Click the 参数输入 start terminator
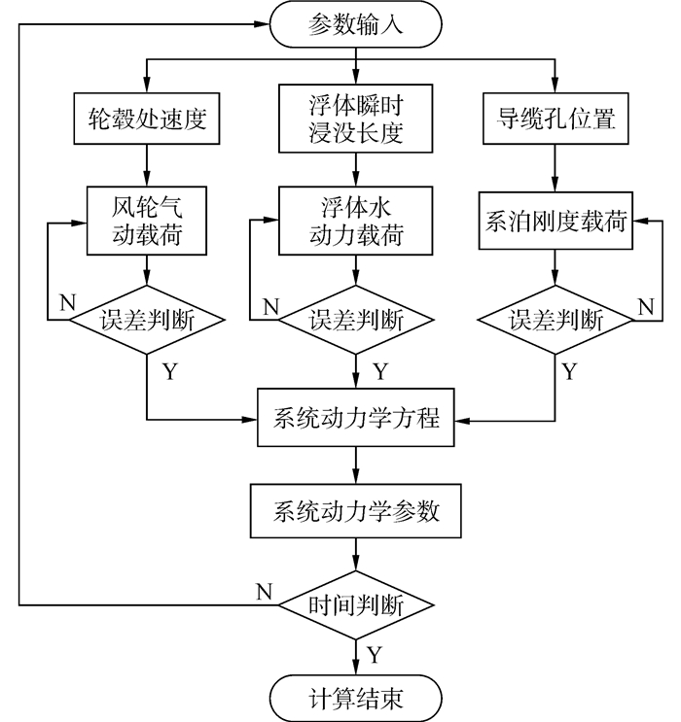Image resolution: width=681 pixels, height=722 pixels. (355, 24)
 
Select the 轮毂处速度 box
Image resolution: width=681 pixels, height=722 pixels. (147, 119)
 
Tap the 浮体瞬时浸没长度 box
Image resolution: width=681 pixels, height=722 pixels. (355, 119)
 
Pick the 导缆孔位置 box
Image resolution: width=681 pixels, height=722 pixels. (556, 119)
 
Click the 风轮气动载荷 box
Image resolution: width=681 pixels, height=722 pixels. (147, 221)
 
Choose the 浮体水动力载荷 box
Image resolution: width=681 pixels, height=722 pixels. (355, 221)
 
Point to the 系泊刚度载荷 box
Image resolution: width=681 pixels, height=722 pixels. (556, 221)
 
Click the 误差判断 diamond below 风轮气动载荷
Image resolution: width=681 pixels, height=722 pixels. (147, 320)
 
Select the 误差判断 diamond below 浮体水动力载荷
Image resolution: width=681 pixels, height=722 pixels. (355, 320)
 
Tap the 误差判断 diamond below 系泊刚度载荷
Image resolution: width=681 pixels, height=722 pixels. (556, 320)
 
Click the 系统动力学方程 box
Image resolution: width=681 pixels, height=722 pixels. (355, 418)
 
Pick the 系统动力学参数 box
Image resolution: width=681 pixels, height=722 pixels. (355, 511)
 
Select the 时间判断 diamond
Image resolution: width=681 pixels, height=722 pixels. (355, 605)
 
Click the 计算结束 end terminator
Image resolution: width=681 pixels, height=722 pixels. (355, 699)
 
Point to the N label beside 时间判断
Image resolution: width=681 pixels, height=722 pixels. (265, 591)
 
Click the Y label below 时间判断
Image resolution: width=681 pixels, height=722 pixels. (375, 654)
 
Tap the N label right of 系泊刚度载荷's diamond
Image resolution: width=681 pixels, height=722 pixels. (646, 306)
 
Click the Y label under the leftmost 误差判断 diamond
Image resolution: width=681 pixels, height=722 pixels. (170, 371)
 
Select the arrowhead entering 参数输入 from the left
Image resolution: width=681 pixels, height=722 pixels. (262, 24)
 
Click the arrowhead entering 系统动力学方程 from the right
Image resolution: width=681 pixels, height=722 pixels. (462, 421)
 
